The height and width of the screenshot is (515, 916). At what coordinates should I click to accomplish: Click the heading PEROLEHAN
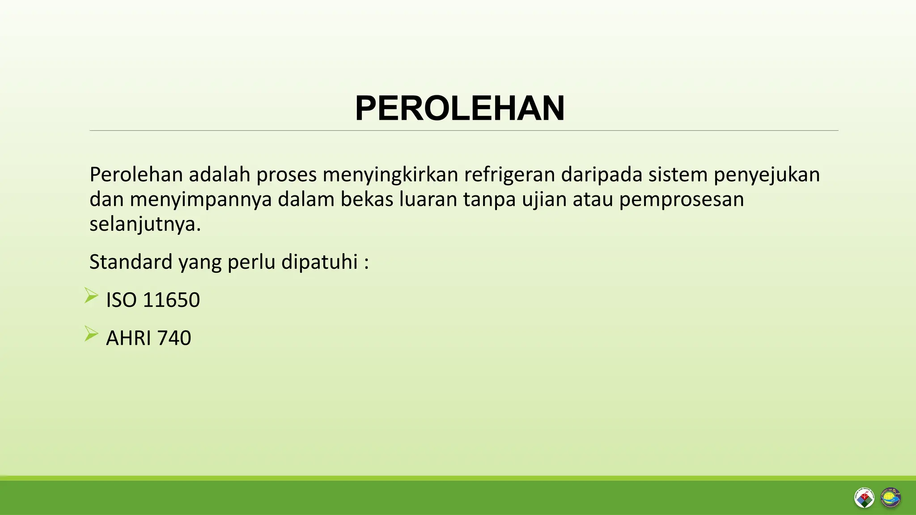(x=460, y=109)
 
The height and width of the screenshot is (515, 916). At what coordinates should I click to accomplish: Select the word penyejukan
(x=767, y=174)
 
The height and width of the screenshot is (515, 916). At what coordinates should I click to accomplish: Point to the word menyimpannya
(x=201, y=199)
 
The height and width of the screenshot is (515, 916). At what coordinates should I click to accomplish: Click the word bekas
(x=367, y=199)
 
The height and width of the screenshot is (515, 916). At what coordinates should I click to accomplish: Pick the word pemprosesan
(x=681, y=199)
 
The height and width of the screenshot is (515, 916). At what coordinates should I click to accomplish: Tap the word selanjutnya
(x=145, y=224)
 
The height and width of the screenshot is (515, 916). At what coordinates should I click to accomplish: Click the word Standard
(x=131, y=262)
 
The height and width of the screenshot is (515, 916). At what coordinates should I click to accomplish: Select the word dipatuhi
(x=319, y=262)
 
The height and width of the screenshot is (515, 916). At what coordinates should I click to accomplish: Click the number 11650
(x=171, y=300)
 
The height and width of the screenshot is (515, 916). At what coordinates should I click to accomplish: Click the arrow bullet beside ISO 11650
(x=91, y=296)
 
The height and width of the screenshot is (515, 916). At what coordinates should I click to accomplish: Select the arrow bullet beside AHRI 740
(x=91, y=334)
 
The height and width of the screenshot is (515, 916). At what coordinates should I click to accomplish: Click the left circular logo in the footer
(x=864, y=498)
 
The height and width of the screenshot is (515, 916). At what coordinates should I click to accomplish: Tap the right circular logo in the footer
(x=891, y=498)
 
